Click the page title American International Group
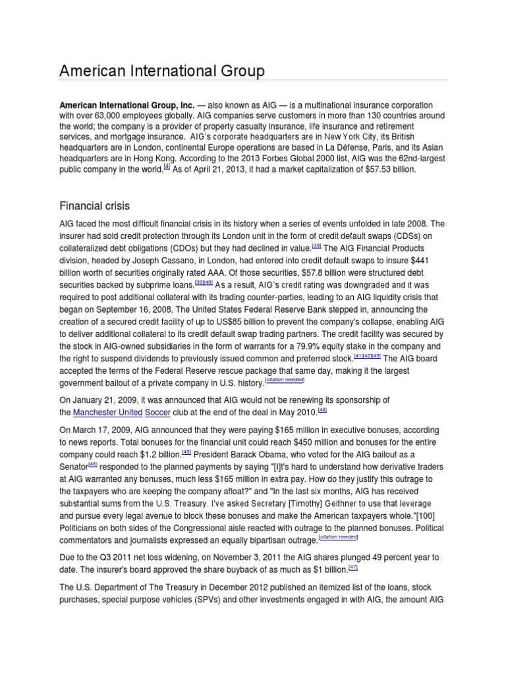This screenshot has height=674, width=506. click(x=162, y=70)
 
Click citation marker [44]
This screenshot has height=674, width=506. click(x=322, y=409)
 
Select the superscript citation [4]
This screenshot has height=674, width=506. click(x=167, y=168)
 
